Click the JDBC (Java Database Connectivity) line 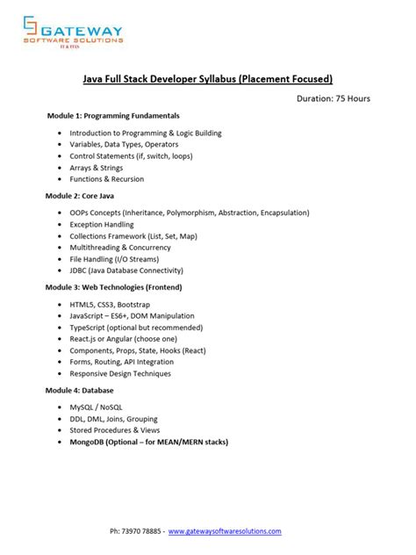tap(133, 270)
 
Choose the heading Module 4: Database tap(81, 390)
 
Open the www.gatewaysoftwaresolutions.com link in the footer tap(225, 531)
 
